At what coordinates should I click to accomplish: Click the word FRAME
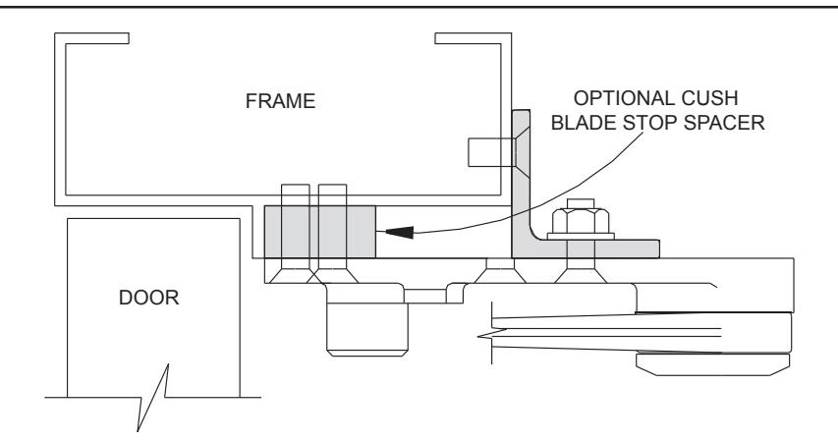pyautogui.click(x=280, y=101)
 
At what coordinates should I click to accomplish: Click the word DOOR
pyautogui.click(x=148, y=298)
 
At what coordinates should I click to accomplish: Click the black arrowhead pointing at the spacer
pyautogui.click(x=399, y=232)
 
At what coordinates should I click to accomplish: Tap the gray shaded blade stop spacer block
pyautogui.click(x=320, y=232)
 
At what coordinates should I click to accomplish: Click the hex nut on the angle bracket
pyautogui.click(x=581, y=221)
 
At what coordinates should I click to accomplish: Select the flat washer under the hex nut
pyautogui.click(x=581, y=237)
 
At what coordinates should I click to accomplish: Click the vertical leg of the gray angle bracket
pyautogui.click(x=521, y=177)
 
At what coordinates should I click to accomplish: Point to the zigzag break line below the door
pyautogui.click(x=153, y=397)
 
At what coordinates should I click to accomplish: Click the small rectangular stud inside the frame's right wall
pyautogui.click(x=490, y=152)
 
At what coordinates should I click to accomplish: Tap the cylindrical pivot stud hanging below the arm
pyautogui.click(x=367, y=329)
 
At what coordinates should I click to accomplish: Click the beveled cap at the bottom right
pyautogui.click(x=713, y=364)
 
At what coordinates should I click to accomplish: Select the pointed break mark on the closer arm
pyautogui.click(x=484, y=336)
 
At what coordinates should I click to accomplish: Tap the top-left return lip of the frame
pyautogui.click(x=92, y=38)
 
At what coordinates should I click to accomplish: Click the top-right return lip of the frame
pyautogui.click(x=473, y=38)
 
